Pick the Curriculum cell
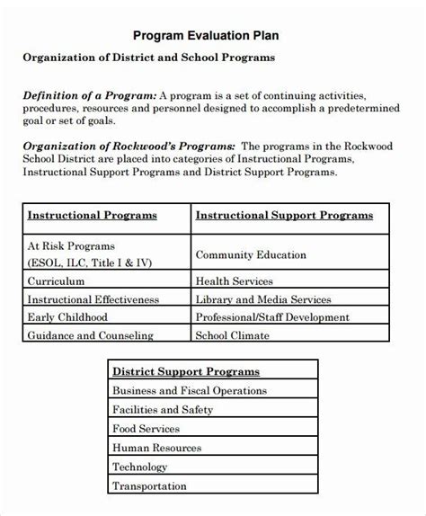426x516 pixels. (57, 280)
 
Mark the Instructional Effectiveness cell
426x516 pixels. (93, 298)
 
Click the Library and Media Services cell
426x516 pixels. (263, 298)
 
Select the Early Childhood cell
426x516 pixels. (67, 316)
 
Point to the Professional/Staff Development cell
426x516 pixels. (272, 316)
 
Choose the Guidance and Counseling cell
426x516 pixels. (90, 335)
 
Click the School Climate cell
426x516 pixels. (232, 335)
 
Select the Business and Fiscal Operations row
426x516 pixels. (189, 390)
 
